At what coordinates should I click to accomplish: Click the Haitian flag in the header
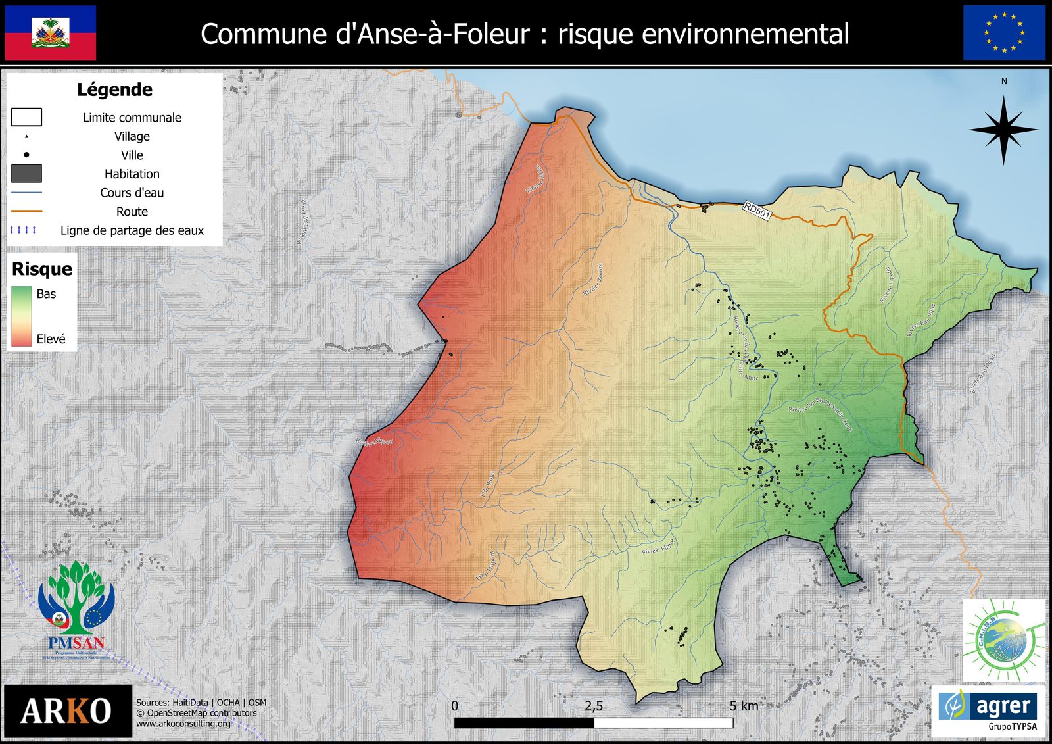click(x=51, y=33)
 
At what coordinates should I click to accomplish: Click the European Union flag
click(x=1004, y=33)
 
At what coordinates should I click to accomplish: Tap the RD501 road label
click(x=757, y=211)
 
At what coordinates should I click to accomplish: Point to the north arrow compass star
click(x=1003, y=130)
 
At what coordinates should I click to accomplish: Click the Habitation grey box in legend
click(x=26, y=174)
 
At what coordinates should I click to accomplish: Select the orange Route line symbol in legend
click(x=26, y=211)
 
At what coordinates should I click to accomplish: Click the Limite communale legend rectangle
click(x=26, y=117)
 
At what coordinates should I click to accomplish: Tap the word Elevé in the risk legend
click(x=51, y=339)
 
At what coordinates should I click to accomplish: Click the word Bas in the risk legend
click(x=46, y=294)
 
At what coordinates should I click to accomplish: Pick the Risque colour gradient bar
click(x=21, y=316)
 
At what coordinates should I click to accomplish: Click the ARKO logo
click(x=67, y=711)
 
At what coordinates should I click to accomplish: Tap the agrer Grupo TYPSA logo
click(x=988, y=710)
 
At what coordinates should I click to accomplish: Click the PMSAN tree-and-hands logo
click(x=76, y=608)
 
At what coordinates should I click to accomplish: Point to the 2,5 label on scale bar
click(x=594, y=706)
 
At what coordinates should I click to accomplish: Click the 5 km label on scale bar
click(x=744, y=706)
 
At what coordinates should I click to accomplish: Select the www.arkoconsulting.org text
click(x=183, y=724)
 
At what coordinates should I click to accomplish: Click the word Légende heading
click(x=114, y=89)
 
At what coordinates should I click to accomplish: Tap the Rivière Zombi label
click(x=592, y=280)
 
